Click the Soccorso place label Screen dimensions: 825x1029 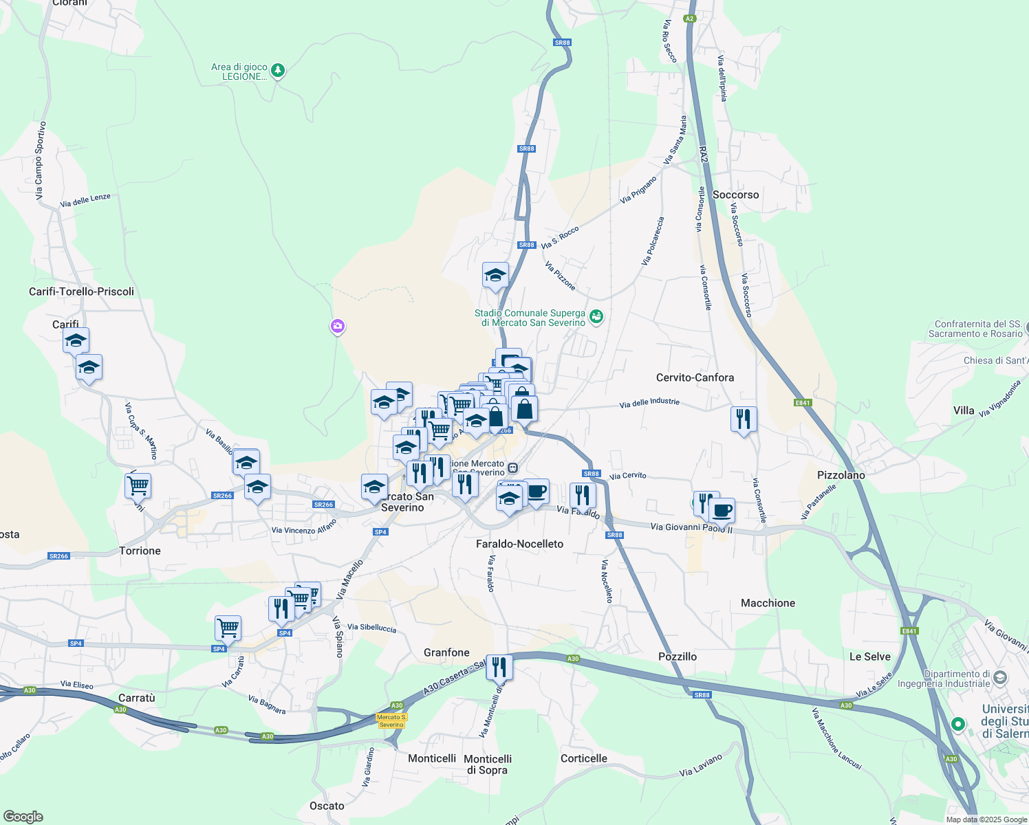click(x=735, y=195)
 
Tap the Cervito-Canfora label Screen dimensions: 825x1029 click(x=695, y=377)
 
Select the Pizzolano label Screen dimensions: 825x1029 click(x=841, y=475)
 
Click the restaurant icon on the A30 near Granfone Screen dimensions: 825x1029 click(x=499, y=667)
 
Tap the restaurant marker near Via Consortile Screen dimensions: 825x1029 click(x=744, y=419)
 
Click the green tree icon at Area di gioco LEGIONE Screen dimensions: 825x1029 click(x=278, y=70)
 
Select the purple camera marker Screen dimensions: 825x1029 click(x=337, y=327)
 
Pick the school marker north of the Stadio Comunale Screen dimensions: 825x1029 click(x=495, y=276)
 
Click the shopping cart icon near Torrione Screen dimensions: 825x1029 click(x=138, y=485)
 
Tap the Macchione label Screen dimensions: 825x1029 click(x=768, y=603)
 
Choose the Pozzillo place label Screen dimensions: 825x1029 click(x=678, y=657)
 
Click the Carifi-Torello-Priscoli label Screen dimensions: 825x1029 click(x=81, y=291)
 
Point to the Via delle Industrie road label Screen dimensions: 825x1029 click(x=649, y=403)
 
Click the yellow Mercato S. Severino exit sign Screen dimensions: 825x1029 click(x=391, y=721)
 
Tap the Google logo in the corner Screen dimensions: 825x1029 click(x=23, y=817)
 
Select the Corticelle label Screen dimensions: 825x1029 click(x=583, y=758)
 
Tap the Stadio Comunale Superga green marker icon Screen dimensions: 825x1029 click(x=596, y=317)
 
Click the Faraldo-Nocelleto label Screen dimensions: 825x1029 click(x=519, y=544)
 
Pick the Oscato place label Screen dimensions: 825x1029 click(x=327, y=806)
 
